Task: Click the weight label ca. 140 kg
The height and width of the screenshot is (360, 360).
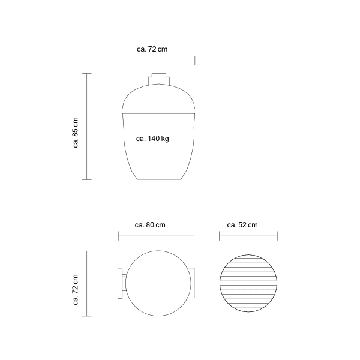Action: pos(152,139)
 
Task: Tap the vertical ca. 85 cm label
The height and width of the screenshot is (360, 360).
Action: pos(76,133)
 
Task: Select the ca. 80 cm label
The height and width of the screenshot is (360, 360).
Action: pos(150,225)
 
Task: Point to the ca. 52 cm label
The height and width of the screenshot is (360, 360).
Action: pos(242,225)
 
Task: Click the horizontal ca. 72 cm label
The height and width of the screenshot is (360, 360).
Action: pos(152,49)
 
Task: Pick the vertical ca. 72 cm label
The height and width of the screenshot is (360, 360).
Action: pos(76,290)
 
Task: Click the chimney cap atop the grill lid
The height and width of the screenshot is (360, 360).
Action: pos(159,79)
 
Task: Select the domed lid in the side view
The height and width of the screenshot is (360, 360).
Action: pos(158,97)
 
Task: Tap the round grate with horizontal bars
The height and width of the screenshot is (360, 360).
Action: pos(248,283)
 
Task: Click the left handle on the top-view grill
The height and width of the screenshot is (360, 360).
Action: pos(121,284)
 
